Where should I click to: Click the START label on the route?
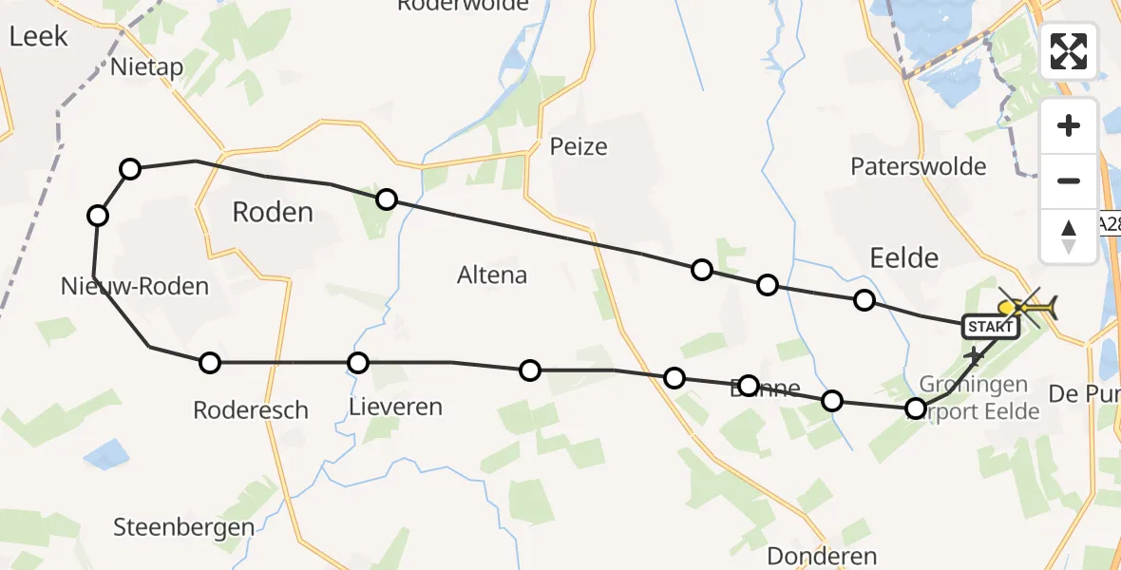click(x=990, y=327)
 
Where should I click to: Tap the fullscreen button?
click(x=1069, y=51)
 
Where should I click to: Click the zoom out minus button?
click(x=1069, y=180)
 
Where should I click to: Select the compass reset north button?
click(x=1069, y=236)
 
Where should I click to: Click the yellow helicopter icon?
click(x=1026, y=308)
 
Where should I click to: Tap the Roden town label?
click(x=273, y=212)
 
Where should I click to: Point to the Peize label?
click(x=578, y=147)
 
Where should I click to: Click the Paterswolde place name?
click(x=919, y=167)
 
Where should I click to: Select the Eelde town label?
click(x=903, y=257)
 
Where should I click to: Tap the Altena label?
click(x=492, y=275)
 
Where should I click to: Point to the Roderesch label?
click(x=250, y=410)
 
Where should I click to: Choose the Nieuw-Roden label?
click(x=134, y=286)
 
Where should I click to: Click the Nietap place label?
click(x=146, y=67)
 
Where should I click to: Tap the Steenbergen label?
click(x=183, y=527)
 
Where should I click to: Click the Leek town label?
click(x=39, y=36)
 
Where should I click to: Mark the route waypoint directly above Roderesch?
click(x=210, y=362)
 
